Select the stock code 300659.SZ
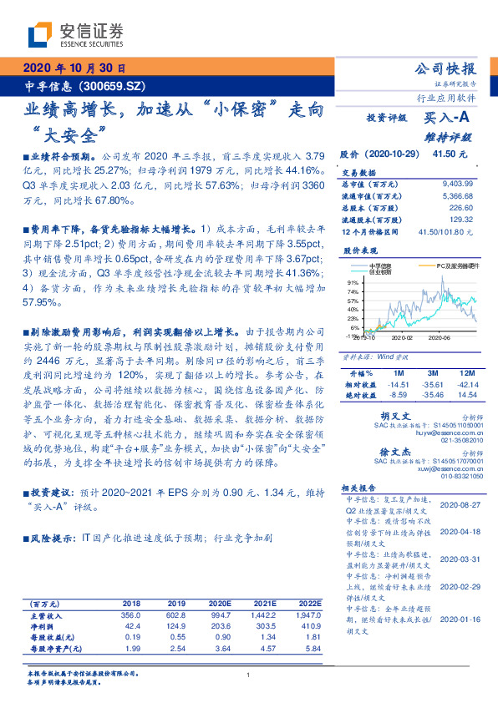click(117, 85)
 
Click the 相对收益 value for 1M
click(396, 382)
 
